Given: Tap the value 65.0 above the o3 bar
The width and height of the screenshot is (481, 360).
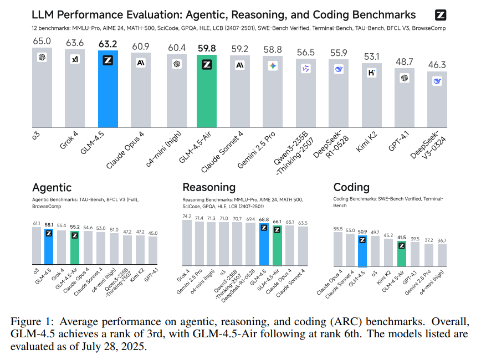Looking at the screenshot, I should [42, 40].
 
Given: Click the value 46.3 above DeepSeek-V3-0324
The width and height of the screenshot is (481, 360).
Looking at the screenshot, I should [438, 65].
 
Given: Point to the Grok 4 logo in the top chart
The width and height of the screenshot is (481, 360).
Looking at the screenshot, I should [75, 59].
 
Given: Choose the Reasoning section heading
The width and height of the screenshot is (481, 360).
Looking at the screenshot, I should [209, 187].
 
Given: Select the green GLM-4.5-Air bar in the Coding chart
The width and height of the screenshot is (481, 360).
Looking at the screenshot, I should [401, 254].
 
